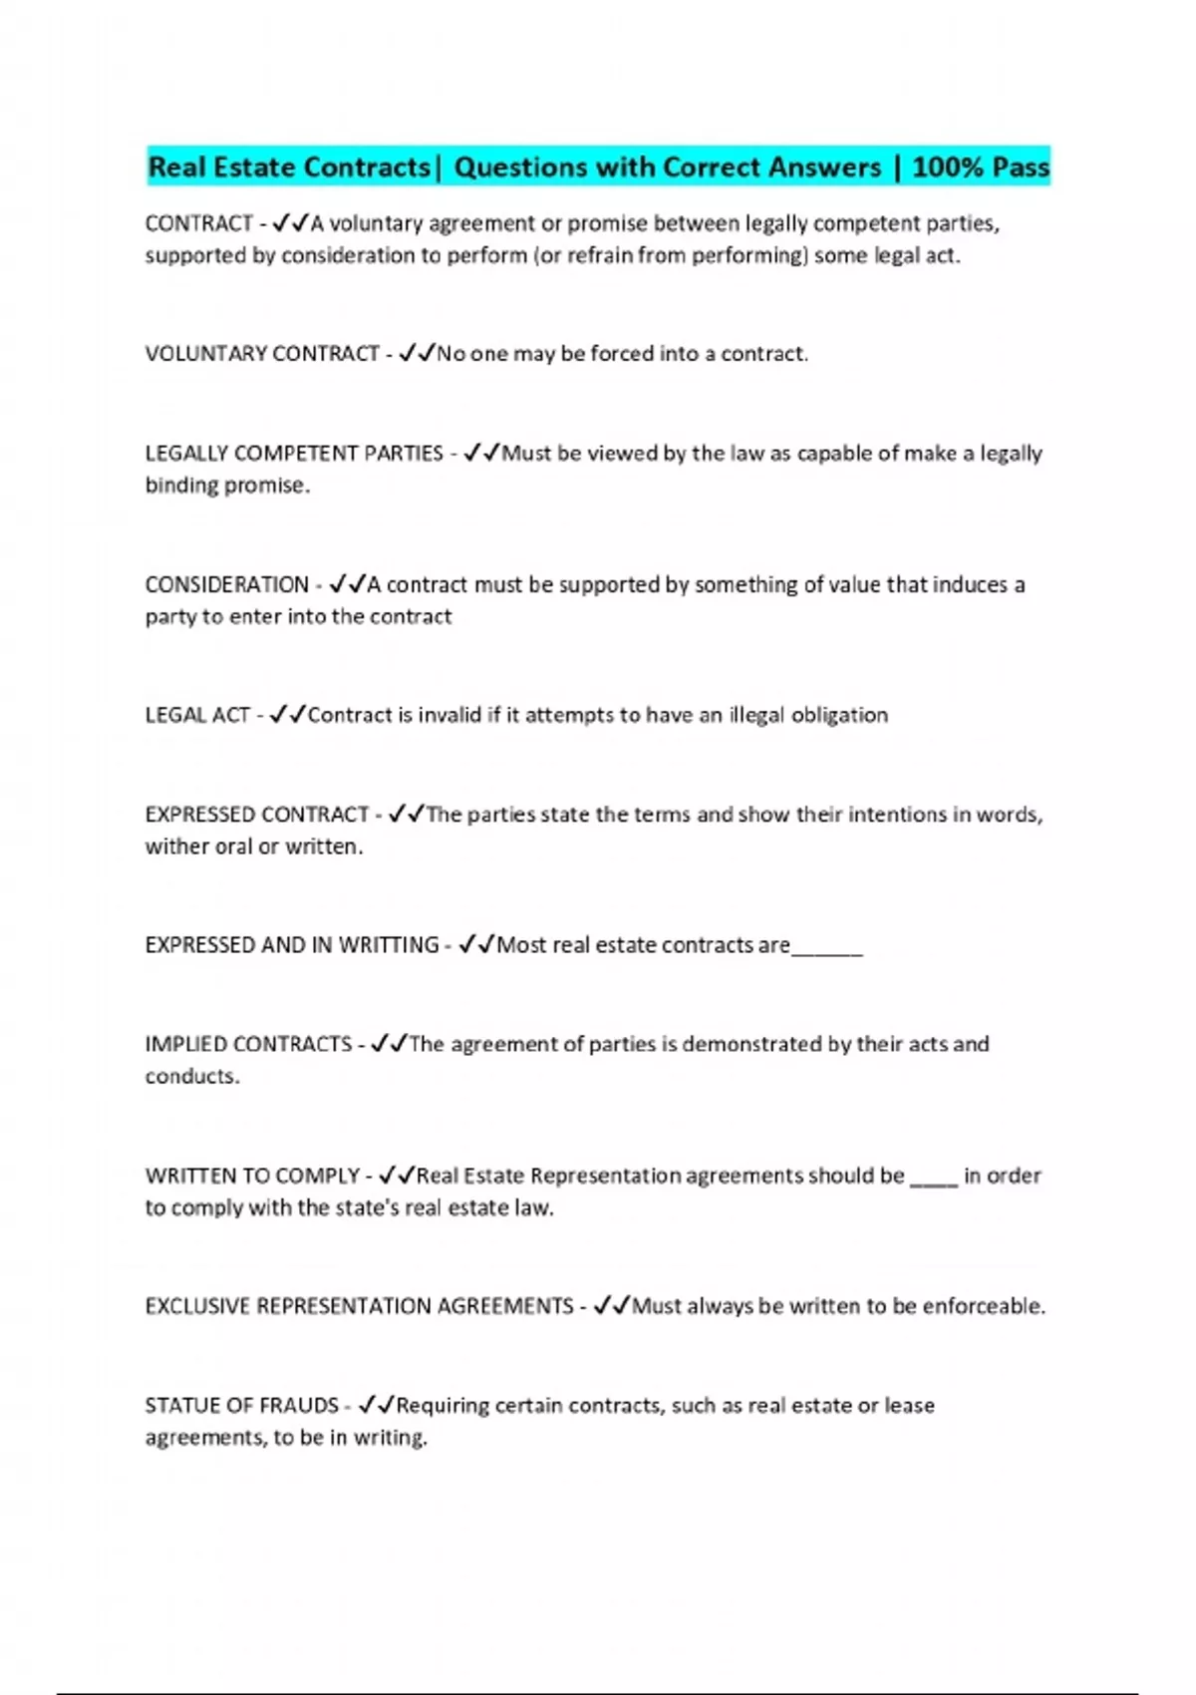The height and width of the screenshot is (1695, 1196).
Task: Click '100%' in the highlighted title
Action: coord(946,167)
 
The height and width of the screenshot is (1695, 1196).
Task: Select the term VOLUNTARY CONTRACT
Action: coord(262,354)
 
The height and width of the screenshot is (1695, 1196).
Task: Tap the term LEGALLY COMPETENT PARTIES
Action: coord(294,454)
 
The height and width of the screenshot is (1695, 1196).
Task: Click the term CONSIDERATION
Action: coord(227,584)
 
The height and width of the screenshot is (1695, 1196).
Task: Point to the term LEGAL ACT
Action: coord(197,715)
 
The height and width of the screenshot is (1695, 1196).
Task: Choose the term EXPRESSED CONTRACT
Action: coord(257,815)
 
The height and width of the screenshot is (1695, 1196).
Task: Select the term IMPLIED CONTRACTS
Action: coord(248,1045)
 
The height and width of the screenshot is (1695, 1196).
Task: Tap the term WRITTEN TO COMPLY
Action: coord(252,1176)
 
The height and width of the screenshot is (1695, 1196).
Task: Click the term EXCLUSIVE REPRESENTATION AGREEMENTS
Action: coord(359,1306)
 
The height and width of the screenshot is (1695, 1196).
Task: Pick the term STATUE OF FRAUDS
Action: coord(242,1406)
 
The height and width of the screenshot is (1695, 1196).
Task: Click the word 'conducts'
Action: coord(191,1077)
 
